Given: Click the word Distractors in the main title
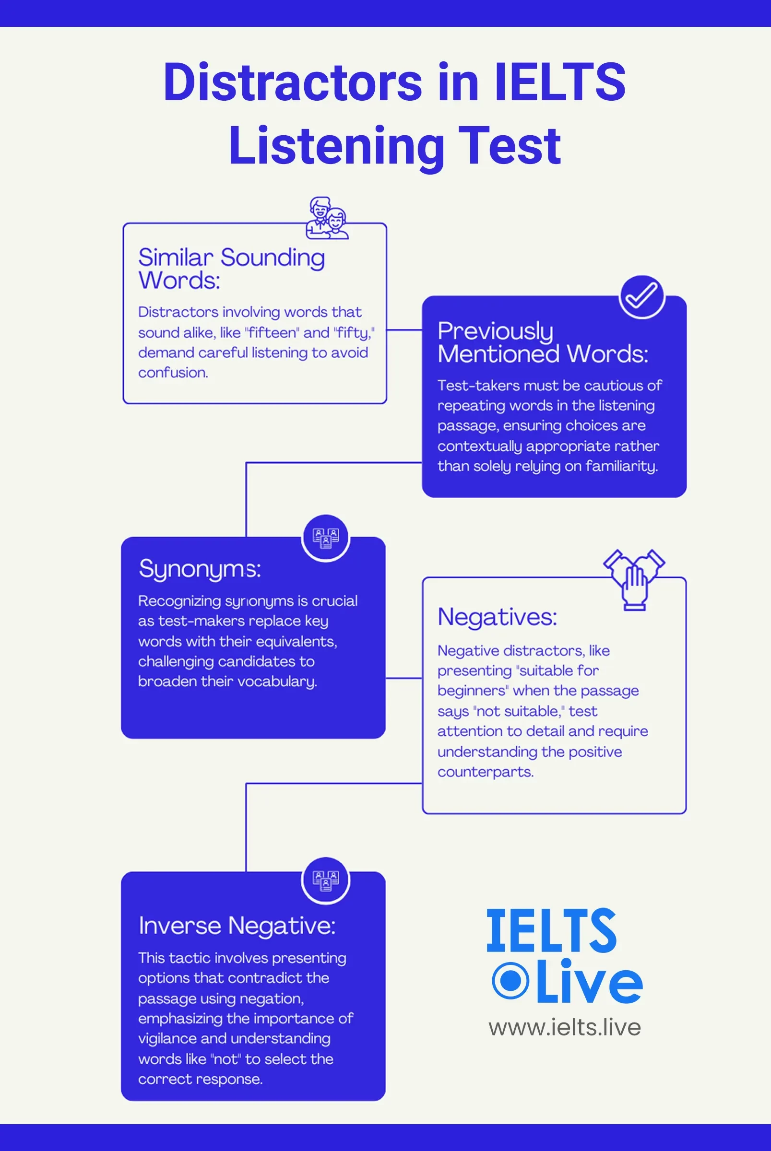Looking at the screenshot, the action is (293, 82).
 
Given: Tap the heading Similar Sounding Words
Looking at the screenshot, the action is (232, 269).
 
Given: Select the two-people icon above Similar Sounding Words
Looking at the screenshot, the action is (327, 218).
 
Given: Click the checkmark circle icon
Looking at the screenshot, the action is (641, 297).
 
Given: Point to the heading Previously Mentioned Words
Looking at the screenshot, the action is (543, 342).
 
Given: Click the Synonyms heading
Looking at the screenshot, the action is (200, 570).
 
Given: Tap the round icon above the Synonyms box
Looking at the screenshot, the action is (325, 538).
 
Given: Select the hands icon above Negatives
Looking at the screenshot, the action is (634, 580).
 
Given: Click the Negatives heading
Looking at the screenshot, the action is (497, 617).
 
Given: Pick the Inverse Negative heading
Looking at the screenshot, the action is (237, 926).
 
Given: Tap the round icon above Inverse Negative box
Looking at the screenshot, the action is (325, 881).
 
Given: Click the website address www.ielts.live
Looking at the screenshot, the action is (565, 1027).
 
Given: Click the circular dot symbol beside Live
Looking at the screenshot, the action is (510, 981).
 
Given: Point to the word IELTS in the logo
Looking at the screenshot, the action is (551, 931).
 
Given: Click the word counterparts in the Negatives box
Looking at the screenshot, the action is (486, 773).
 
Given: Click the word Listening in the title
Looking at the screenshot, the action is (336, 146).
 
